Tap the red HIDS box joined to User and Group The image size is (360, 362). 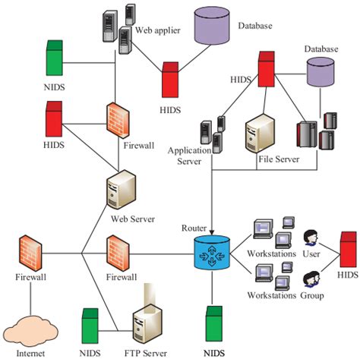[x=349, y=244]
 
